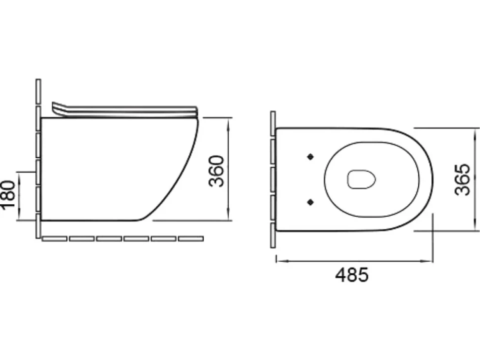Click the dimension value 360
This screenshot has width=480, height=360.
pyautogui.click(x=216, y=171)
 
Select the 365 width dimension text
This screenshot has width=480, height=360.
pyautogui.click(x=462, y=180)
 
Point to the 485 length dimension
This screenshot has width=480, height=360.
pyautogui.click(x=352, y=274)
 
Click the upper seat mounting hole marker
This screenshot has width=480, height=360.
pyautogui.click(x=310, y=157)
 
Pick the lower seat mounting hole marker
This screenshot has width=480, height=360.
pyautogui.click(x=310, y=202)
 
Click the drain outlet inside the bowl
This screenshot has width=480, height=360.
pyautogui.click(x=362, y=179)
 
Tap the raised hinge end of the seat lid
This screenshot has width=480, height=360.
pyautogui.click(x=58, y=109)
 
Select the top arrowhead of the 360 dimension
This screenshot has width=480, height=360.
pyautogui.click(x=229, y=122)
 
